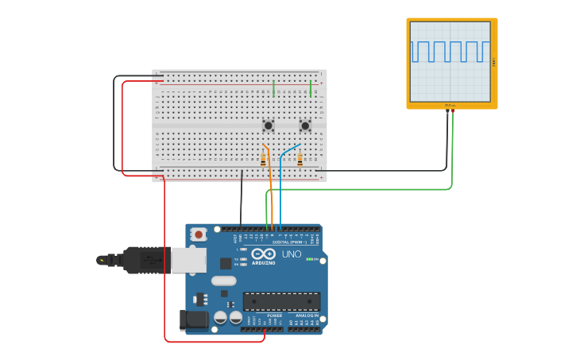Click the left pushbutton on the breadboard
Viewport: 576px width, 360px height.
click(x=269, y=126)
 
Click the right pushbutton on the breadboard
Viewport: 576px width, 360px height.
click(x=305, y=126)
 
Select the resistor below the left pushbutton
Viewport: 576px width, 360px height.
click(x=263, y=160)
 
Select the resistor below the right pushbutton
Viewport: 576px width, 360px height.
click(x=300, y=160)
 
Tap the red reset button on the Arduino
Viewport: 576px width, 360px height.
click(x=199, y=234)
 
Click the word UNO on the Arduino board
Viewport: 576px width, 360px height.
click(x=292, y=254)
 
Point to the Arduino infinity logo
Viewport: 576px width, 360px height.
click(x=263, y=255)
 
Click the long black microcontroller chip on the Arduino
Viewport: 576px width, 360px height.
click(x=281, y=301)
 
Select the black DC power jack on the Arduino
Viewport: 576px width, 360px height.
click(x=193, y=320)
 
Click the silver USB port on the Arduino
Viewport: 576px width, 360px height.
click(x=188, y=260)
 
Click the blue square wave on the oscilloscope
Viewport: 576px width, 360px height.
click(x=450, y=51)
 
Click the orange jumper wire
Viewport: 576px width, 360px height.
click(x=270, y=183)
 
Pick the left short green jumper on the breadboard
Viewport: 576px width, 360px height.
click(x=273, y=88)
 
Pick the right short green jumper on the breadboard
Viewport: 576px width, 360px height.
click(x=311, y=88)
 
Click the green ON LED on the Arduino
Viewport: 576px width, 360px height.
click(x=308, y=259)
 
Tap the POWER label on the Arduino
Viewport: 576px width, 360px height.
click(x=274, y=315)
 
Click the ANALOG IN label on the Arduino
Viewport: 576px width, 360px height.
click(x=305, y=315)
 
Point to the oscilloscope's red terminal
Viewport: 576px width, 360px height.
click(x=447, y=112)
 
